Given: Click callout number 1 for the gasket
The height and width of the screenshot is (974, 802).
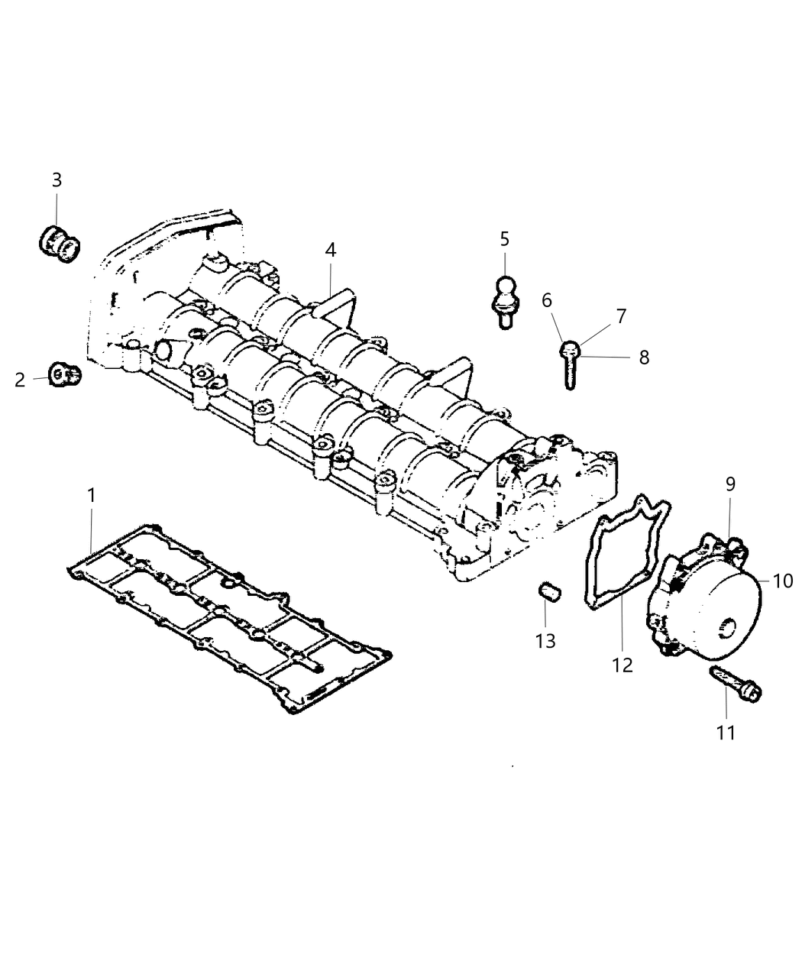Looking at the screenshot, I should click(92, 495).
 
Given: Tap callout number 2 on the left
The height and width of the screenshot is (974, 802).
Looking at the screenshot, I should click(20, 380).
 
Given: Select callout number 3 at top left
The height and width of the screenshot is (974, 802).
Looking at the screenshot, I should click(57, 180).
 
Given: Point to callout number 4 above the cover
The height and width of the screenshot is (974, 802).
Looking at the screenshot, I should click(330, 250).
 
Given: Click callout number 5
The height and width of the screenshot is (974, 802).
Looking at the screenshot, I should click(504, 239).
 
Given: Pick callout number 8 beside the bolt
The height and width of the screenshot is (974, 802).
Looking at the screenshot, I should click(644, 357).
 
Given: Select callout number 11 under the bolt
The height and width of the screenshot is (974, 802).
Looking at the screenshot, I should click(725, 733).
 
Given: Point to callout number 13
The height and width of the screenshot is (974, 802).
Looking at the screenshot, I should click(545, 640).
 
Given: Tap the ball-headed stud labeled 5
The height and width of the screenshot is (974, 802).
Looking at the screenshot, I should click(504, 302).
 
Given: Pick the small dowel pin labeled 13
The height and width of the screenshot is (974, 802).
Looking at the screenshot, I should click(548, 591).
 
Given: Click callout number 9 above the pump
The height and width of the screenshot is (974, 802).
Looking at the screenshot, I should click(730, 484).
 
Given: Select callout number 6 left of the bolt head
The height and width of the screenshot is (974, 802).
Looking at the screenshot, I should click(546, 301).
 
